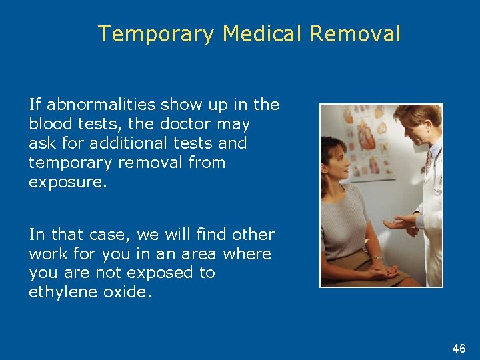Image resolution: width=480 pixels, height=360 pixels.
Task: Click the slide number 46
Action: click(459, 349)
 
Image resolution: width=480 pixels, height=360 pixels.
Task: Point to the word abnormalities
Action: click(102, 105)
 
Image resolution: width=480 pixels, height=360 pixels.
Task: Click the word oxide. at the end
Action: click(131, 292)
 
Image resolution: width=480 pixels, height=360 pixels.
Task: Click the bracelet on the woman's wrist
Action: click(378, 257)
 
